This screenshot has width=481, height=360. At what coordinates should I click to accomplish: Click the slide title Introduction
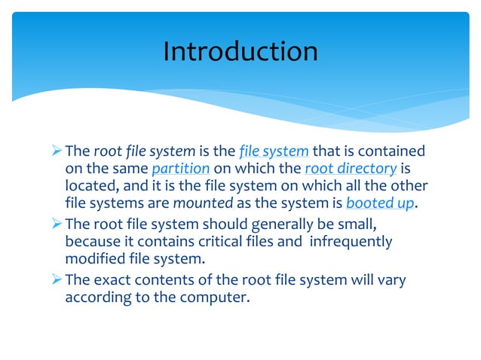pyautogui.click(x=240, y=51)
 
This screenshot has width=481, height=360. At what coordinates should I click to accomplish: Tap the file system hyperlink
pyautogui.click(x=274, y=151)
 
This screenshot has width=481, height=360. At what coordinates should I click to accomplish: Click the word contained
pyautogui.click(x=393, y=151)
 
